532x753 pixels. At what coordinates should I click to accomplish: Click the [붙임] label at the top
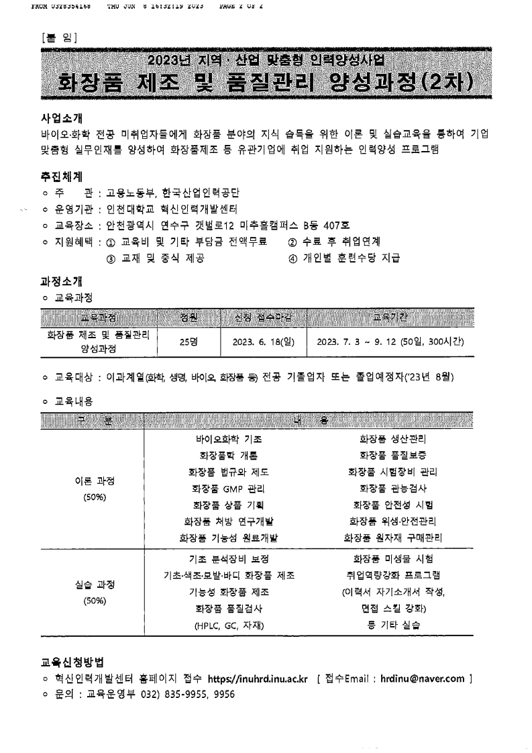[x=60, y=37]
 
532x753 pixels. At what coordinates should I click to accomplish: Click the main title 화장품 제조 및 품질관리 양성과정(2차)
[x=266, y=84]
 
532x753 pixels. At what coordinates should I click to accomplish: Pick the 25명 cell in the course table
[x=189, y=341]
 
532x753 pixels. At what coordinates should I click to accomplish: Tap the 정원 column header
[x=189, y=316]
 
